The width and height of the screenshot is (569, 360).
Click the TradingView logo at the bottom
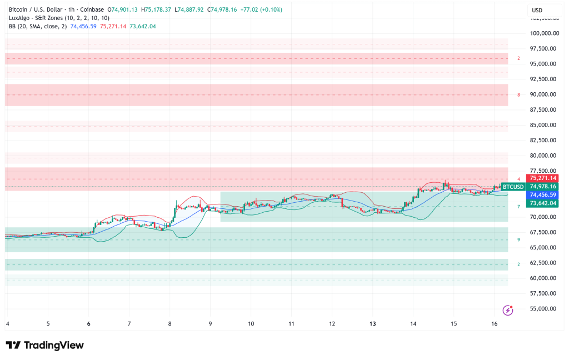(44, 345)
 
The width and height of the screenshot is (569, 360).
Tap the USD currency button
(537, 10)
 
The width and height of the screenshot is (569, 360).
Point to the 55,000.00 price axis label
(543, 309)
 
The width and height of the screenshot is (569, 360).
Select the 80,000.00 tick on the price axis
(543, 156)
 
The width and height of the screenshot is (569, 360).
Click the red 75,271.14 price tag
(543, 178)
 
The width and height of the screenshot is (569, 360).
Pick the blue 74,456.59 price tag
(543, 195)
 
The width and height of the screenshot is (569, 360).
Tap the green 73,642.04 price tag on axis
(543, 203)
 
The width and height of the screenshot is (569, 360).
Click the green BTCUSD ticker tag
(513, 187)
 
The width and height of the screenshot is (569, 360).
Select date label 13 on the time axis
(373, 324)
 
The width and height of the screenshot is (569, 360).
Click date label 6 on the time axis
(89, 324)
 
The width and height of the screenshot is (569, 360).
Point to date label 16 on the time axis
(495, 324)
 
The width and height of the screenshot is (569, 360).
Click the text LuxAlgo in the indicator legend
(18, 18)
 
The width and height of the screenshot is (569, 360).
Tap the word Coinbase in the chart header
(93, 9)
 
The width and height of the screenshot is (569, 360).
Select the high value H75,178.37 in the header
(156, 9)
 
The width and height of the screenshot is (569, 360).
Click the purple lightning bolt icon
(507, 310)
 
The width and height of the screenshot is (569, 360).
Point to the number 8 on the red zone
(518, 95)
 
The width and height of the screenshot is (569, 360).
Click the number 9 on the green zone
(518, 240)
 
